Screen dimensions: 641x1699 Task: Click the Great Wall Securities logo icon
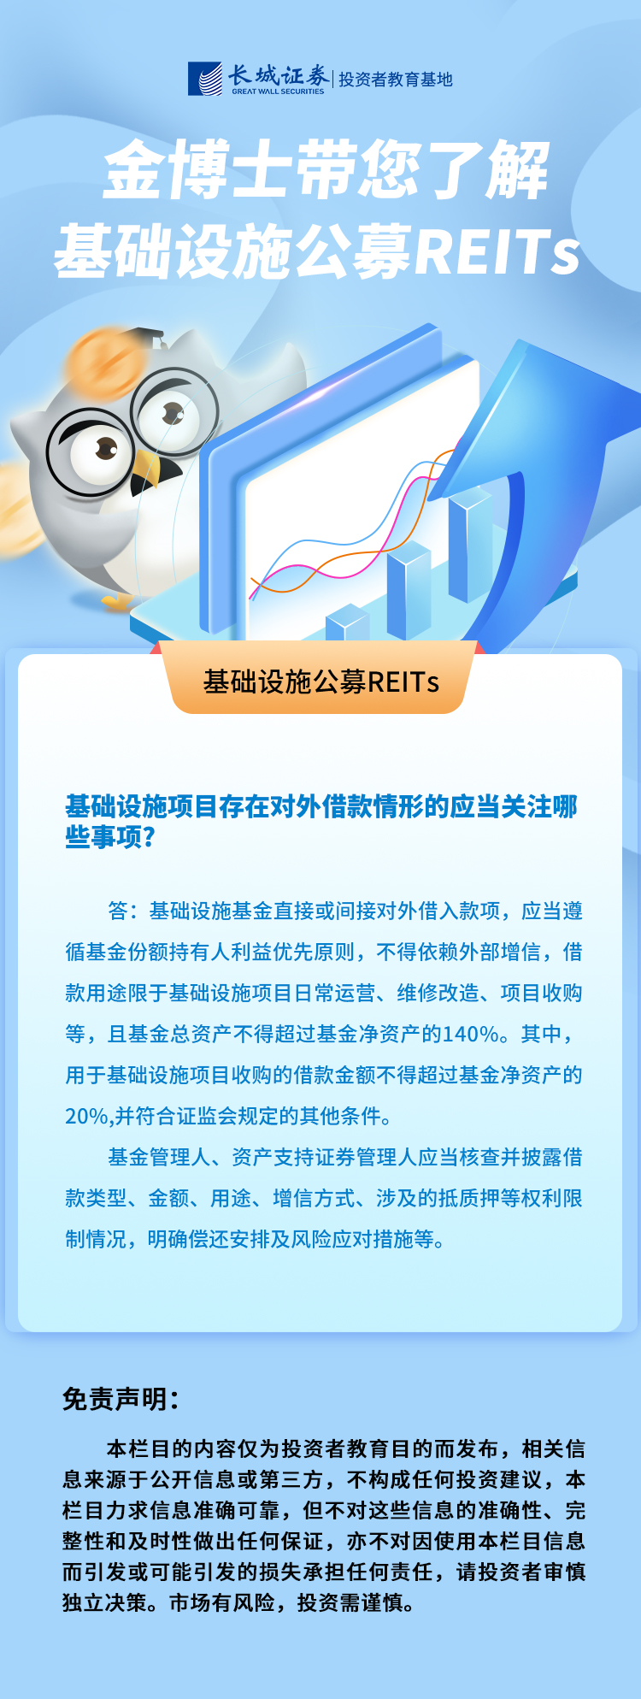pos(205,79)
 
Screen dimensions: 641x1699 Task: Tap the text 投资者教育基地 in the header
pos(396,80)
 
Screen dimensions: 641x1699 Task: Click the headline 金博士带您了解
pos(326,171)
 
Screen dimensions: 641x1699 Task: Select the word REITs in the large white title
pos(497,252)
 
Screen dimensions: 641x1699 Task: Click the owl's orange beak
pos(147,471)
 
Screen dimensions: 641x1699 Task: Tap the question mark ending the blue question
pos(150,837)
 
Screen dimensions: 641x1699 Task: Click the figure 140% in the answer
pos(471,1035)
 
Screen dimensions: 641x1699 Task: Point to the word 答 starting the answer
pos(118,911)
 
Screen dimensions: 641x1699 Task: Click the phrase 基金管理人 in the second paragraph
pos(159,1158)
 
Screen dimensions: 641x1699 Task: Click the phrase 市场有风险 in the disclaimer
pos(222,1602)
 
